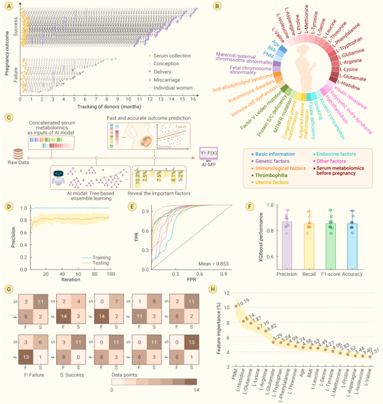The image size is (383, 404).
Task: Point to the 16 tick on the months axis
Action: (194, 101)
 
